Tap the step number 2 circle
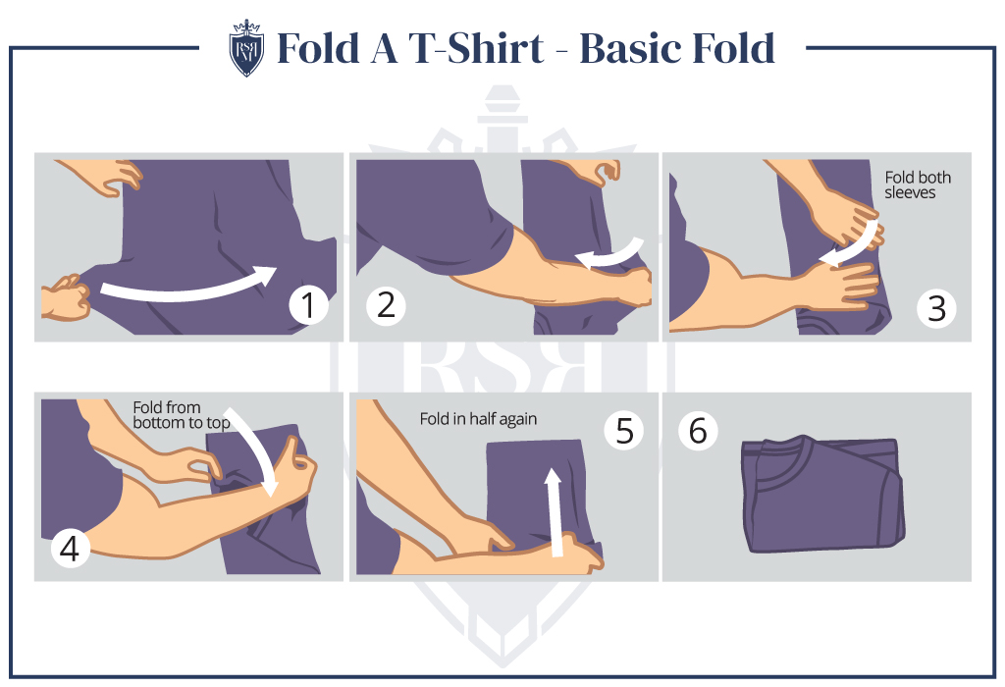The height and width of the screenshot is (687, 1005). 386,306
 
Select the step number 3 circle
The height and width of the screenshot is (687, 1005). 935,308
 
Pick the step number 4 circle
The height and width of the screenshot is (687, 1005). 69,550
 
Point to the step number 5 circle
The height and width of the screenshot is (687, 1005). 624,430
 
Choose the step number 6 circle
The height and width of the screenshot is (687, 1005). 698,430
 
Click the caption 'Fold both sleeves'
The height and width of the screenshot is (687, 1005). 918,185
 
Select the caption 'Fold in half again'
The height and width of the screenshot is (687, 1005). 478,419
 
